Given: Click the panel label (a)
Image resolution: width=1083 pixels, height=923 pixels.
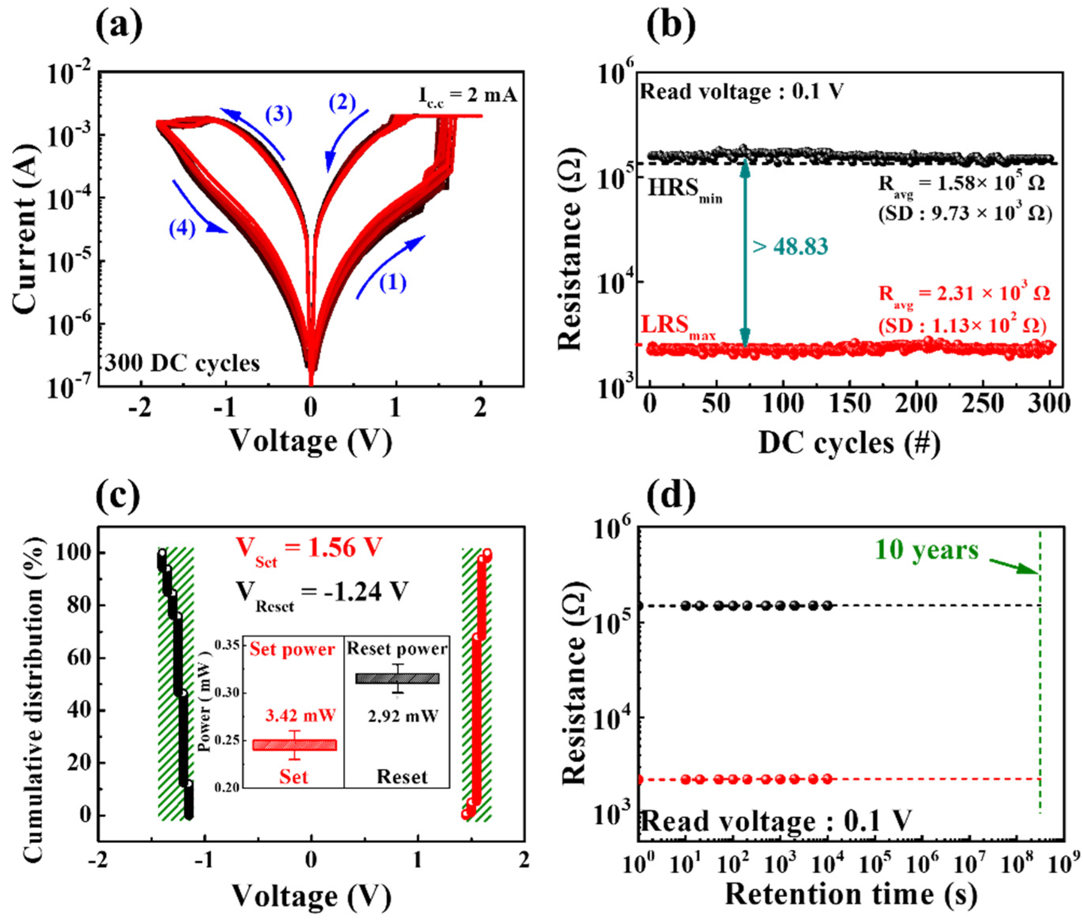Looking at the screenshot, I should click(x=119, y=27).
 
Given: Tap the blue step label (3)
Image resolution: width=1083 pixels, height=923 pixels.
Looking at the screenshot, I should click(x=278, y=114).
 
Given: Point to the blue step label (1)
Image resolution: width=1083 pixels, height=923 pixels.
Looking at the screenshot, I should click(x=392, y=283).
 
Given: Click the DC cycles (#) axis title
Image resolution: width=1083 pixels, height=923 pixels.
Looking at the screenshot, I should click(x=849, y=443).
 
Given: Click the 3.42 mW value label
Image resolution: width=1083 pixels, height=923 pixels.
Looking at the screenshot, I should click(x=300, y=715).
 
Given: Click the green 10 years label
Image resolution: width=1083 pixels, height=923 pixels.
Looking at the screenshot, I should click(x=926, y=550).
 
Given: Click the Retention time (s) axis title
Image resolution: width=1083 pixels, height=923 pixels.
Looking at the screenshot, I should click(x=851, y=894).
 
